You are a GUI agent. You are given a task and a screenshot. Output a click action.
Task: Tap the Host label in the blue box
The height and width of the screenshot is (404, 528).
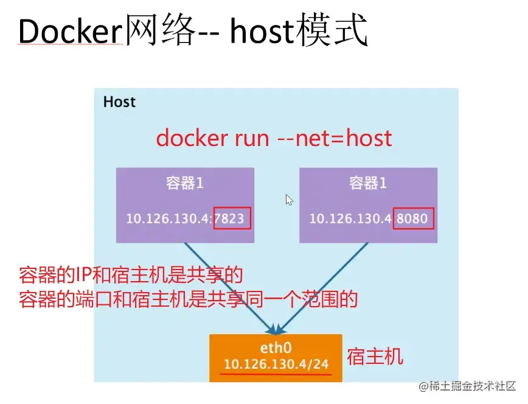pos(119,102)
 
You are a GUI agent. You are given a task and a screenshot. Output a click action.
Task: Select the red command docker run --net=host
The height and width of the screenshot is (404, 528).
pos(274,138)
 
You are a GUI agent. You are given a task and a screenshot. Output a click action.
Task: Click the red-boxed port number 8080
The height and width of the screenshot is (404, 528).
pos(414,218)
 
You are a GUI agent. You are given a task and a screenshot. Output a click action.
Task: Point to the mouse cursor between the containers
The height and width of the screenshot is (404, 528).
pos(289,200)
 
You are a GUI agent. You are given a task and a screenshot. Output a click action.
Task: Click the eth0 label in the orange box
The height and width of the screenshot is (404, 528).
pos(277,349)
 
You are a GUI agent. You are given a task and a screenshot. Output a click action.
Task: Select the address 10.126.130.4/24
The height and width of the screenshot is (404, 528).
pos(276,364)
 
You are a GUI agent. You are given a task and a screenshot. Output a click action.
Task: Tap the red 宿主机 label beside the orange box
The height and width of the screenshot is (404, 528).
pos(375,357)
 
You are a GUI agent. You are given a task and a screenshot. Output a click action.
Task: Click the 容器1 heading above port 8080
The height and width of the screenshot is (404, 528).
pos(367,183)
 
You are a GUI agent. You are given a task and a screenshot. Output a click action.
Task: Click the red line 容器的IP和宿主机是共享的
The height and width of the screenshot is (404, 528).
pos(131,276)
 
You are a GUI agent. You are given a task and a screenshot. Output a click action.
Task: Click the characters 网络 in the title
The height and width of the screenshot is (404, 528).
pos(161,31)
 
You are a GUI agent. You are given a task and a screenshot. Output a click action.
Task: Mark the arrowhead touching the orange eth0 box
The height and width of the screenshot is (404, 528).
pos(277,329)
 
